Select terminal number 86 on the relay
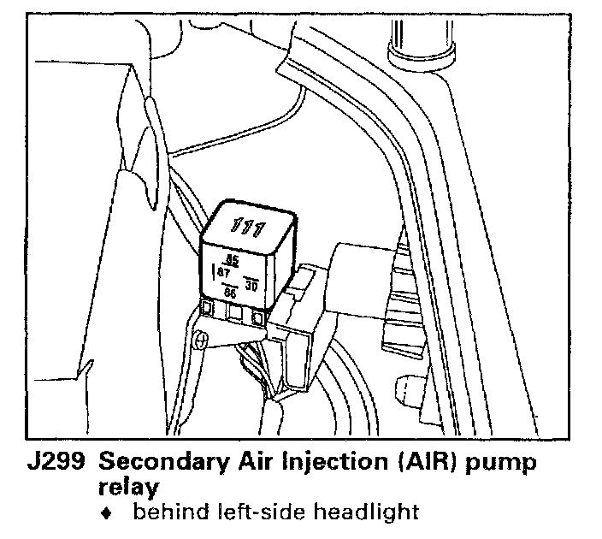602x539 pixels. tap(230, 293)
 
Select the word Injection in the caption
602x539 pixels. tap(322, 464)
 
